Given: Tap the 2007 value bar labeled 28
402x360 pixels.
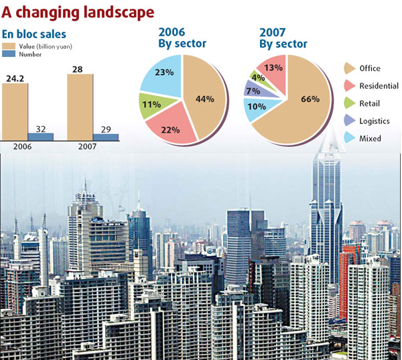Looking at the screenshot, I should point(80,107).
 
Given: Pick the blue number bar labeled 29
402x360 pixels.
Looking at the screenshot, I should point(106,137).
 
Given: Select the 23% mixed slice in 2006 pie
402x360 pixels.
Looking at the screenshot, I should point(161,74).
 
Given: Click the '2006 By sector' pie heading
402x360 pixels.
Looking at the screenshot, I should point(182,38).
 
